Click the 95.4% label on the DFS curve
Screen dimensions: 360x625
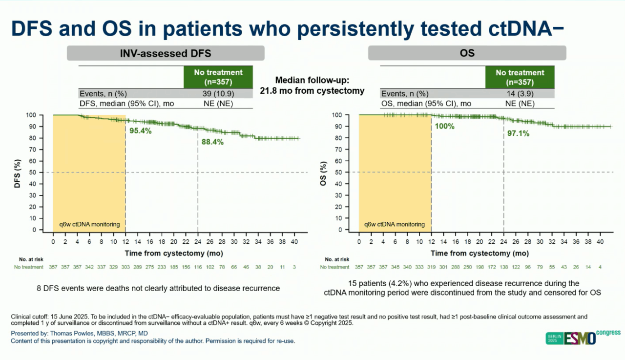pyautogui.click(x=141, y=131)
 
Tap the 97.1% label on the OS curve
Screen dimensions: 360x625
pyautogui.click(x=518, y=133)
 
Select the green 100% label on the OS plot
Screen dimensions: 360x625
pyautogui.click(x=444, y=126)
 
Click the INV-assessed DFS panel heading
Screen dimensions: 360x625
pyautogui.click(x=166, y=53)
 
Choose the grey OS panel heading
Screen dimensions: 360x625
pyautogui.click(x=467, y=53)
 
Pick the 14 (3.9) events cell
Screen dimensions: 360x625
pyautogui.click(x=520, y=93)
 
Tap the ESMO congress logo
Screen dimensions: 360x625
pyautogui.click(x=583, y=338)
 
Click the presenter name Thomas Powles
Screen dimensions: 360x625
pyautogui.click(x=79, y=333)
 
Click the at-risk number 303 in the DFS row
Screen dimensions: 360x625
pyautogui.click(x=125, y=267)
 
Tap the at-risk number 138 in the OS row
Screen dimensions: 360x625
pyautogui.click(x=503, y=267)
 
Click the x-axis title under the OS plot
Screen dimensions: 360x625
pyautogui.click(x=479, y=253)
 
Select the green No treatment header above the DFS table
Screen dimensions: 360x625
pyautogui.click(x=212, y=77)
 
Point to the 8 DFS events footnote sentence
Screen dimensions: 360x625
pyautogui.click(x=159, y=288)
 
